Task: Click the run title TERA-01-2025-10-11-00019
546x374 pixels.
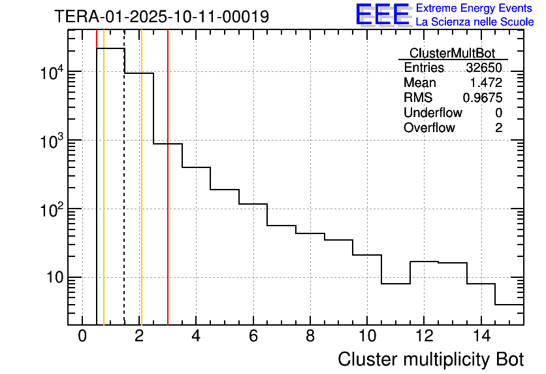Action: pos(161,16)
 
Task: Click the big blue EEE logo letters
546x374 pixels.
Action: pos(383,15)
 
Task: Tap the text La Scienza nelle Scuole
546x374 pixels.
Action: pos(475,22)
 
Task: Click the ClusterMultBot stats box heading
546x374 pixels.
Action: pos(452,53)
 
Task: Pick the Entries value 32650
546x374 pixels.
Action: pos(484,68)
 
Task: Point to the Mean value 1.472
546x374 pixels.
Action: pos(486,83)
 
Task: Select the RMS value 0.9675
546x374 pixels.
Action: pos(482,98)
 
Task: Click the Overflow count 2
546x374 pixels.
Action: pos(498,128)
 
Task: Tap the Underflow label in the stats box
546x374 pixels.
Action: pos(432,113)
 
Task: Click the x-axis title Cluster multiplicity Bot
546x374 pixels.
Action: pos(430,359)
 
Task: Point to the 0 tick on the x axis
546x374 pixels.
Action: pos(82,336)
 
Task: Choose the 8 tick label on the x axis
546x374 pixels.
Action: pos(310,336)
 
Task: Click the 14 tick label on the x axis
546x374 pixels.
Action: pos(481,336)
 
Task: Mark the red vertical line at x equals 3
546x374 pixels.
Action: pos(168,196)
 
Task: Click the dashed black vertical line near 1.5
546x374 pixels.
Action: pos(124,196)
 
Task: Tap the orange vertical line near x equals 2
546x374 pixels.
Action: pos(141,196)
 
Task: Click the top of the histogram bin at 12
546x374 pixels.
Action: pos(425,262)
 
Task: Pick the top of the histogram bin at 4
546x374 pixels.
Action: pos(196,167)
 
